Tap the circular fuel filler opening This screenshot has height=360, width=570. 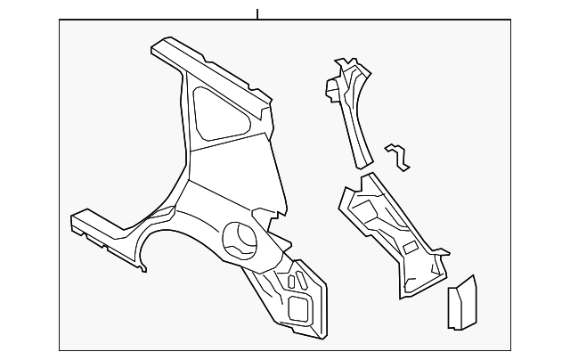click(240, 240)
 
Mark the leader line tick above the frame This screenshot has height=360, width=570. click(256, 14)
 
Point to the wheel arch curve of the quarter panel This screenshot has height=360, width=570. click(178, 228)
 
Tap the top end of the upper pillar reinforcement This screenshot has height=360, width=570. click(344, 66)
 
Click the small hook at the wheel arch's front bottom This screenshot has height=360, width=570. click(142, 266)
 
